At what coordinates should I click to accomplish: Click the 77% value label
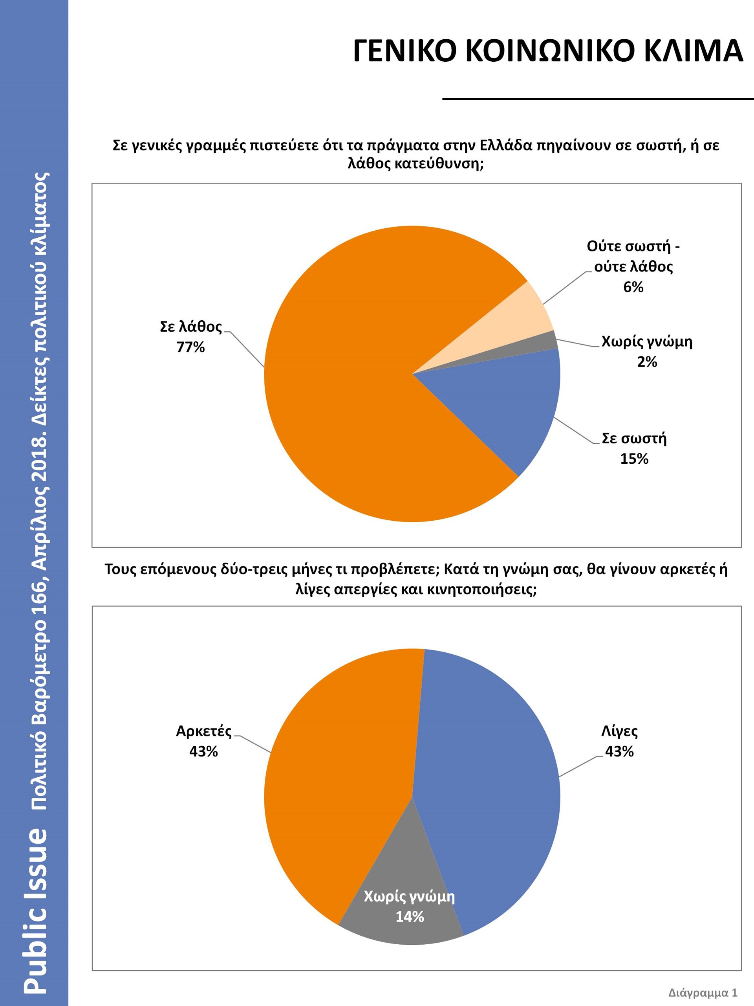point(190,347)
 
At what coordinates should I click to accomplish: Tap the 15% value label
point(634,459)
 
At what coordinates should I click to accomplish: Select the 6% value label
point(633,287)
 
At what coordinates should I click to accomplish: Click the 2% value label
point(647,362)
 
